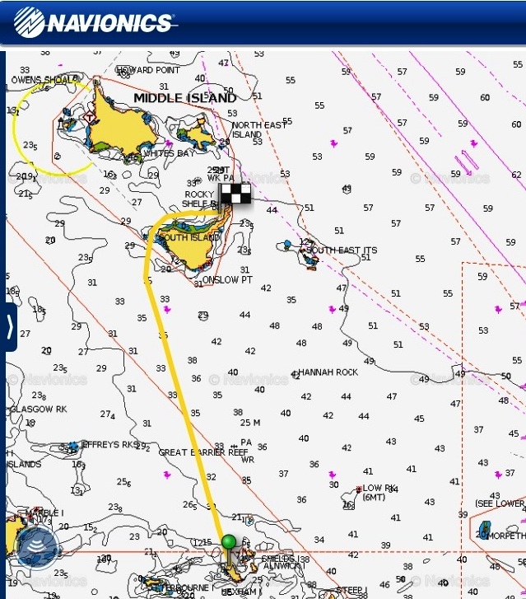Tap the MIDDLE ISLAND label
[184, 98]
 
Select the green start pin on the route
[229, 542]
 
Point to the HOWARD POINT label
[147, 70]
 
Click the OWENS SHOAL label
[39, 80]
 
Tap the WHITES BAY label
[170, 153]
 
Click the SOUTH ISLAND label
[189, 237]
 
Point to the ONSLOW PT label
[228, 280]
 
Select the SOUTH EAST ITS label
[342, 250]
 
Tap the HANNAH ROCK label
[328, 372]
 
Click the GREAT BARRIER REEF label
[202, 452]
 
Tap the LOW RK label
[379, 488]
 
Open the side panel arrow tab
[9, 327]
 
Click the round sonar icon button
[36, 545]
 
